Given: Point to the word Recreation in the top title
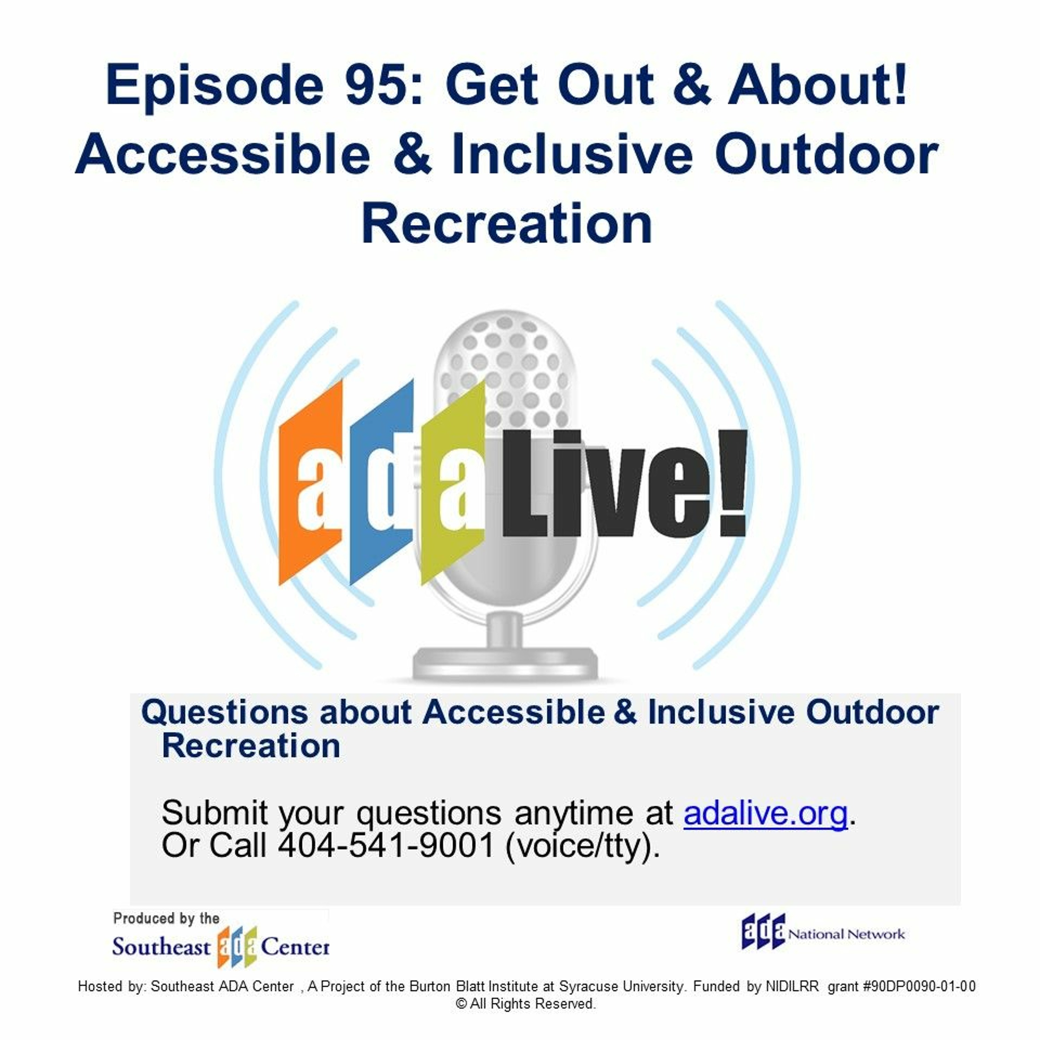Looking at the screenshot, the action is pos(507,223).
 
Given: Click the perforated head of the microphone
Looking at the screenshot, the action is pos(506,371).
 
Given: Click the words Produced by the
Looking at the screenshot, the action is pos(166,918).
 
